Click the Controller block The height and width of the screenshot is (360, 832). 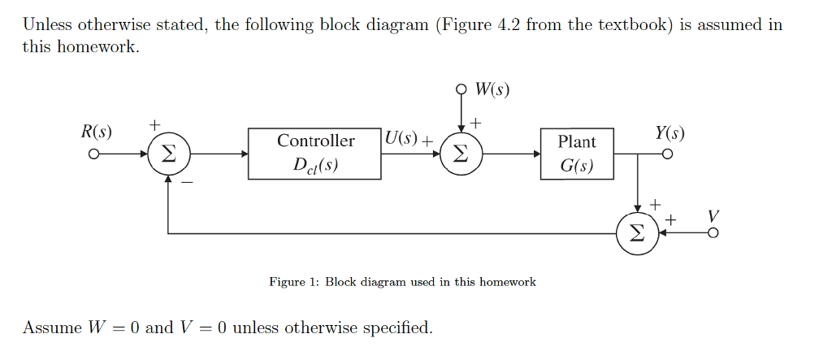point(314,153)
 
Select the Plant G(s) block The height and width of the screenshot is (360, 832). point(577,154)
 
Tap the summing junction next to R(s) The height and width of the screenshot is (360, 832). point(168,153)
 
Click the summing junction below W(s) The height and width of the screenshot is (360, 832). point(461,153)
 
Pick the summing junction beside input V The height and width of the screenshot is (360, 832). point(637,233)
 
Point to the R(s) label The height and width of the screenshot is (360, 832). point(96,132)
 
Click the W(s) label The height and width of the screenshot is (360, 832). point(493,89)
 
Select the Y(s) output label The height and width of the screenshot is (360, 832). point(669,132)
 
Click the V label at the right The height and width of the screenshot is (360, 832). point(713,216)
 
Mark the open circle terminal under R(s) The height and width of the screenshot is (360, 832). point(94,153)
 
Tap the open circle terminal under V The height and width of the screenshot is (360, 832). point(713,233)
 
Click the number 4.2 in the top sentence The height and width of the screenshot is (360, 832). point(505,24)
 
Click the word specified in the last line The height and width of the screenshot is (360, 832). point(397,327)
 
